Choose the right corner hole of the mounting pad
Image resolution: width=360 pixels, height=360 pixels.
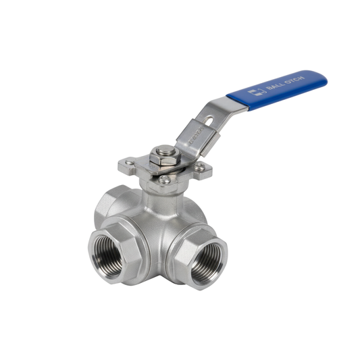click(200, 167)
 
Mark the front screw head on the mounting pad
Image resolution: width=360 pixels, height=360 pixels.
click(165, 180)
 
